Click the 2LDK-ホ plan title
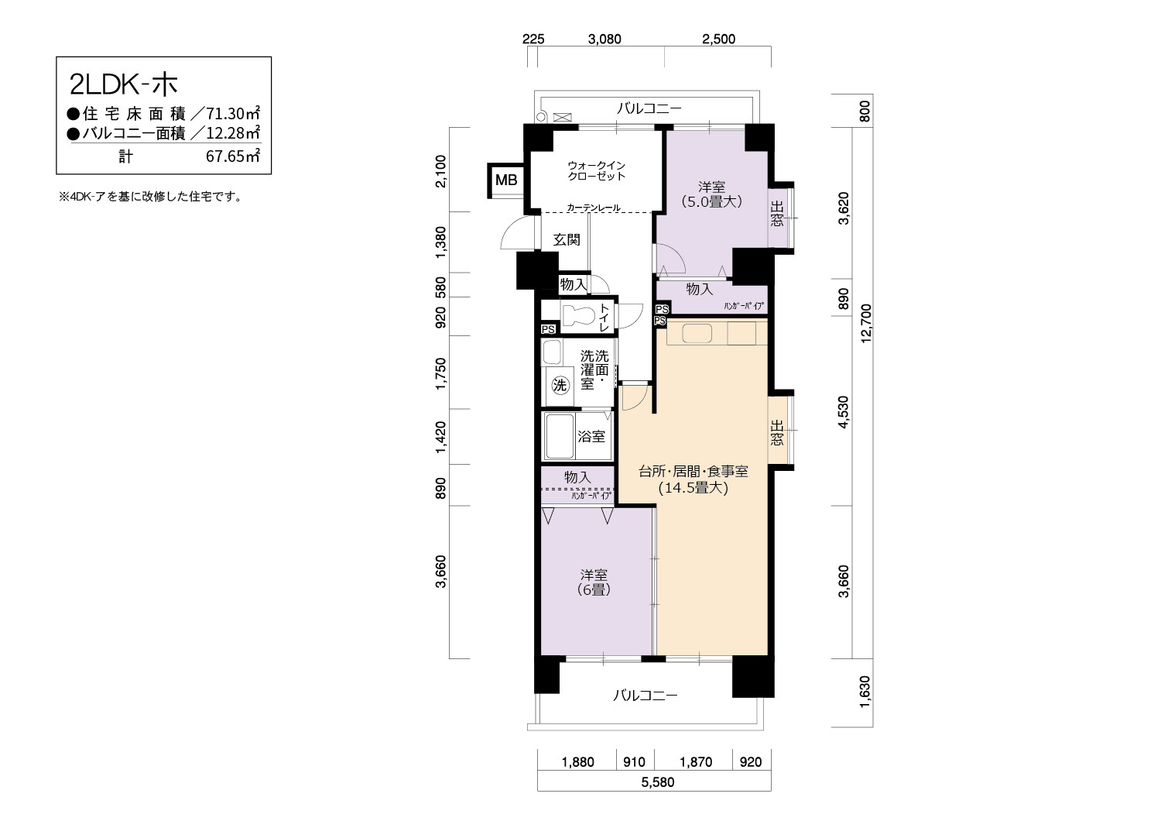(x=123, y=85)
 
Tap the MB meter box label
(x=506, y=180)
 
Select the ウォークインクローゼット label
(x=597, y=170)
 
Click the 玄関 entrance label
(x=567, y=239)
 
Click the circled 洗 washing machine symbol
(x=560, y=386)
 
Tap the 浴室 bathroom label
(x=591, y=436)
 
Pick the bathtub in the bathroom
(x=559, y=436)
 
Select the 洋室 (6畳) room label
(x=594, y=582)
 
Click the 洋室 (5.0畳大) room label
(x=711, y=194)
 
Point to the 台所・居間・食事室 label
(x=694, y=472)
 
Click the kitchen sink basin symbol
(x=697, y=333)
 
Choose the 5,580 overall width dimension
(x=658, y=782)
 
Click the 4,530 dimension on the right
(x=844, y=412)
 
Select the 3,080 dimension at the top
(x=604, y=39)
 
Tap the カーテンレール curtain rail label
(x=594, y=208)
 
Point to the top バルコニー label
(x=649, y=108)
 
